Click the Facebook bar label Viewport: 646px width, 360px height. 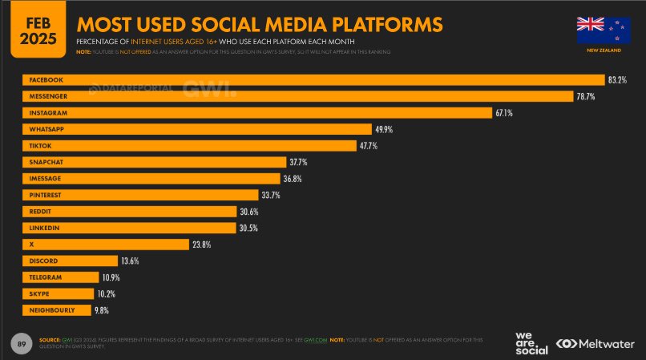click(x=46, y=80)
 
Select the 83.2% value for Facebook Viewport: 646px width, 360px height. click(x=617, y=80)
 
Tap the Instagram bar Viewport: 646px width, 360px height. click(x=256, y=113)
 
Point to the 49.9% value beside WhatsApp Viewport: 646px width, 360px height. click(x=384, y=129)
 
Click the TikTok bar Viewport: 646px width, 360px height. click(x=189, y=146)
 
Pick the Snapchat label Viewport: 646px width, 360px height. click(x=46, y=162)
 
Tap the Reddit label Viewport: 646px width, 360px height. click(x=41, y=212)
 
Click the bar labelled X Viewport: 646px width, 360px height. click(x=105, y=245)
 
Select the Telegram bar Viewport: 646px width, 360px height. click(x=60, y=277)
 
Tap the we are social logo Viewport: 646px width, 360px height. click(x=531, y=342)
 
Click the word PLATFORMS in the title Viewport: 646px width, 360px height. click(x=375, y=24)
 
